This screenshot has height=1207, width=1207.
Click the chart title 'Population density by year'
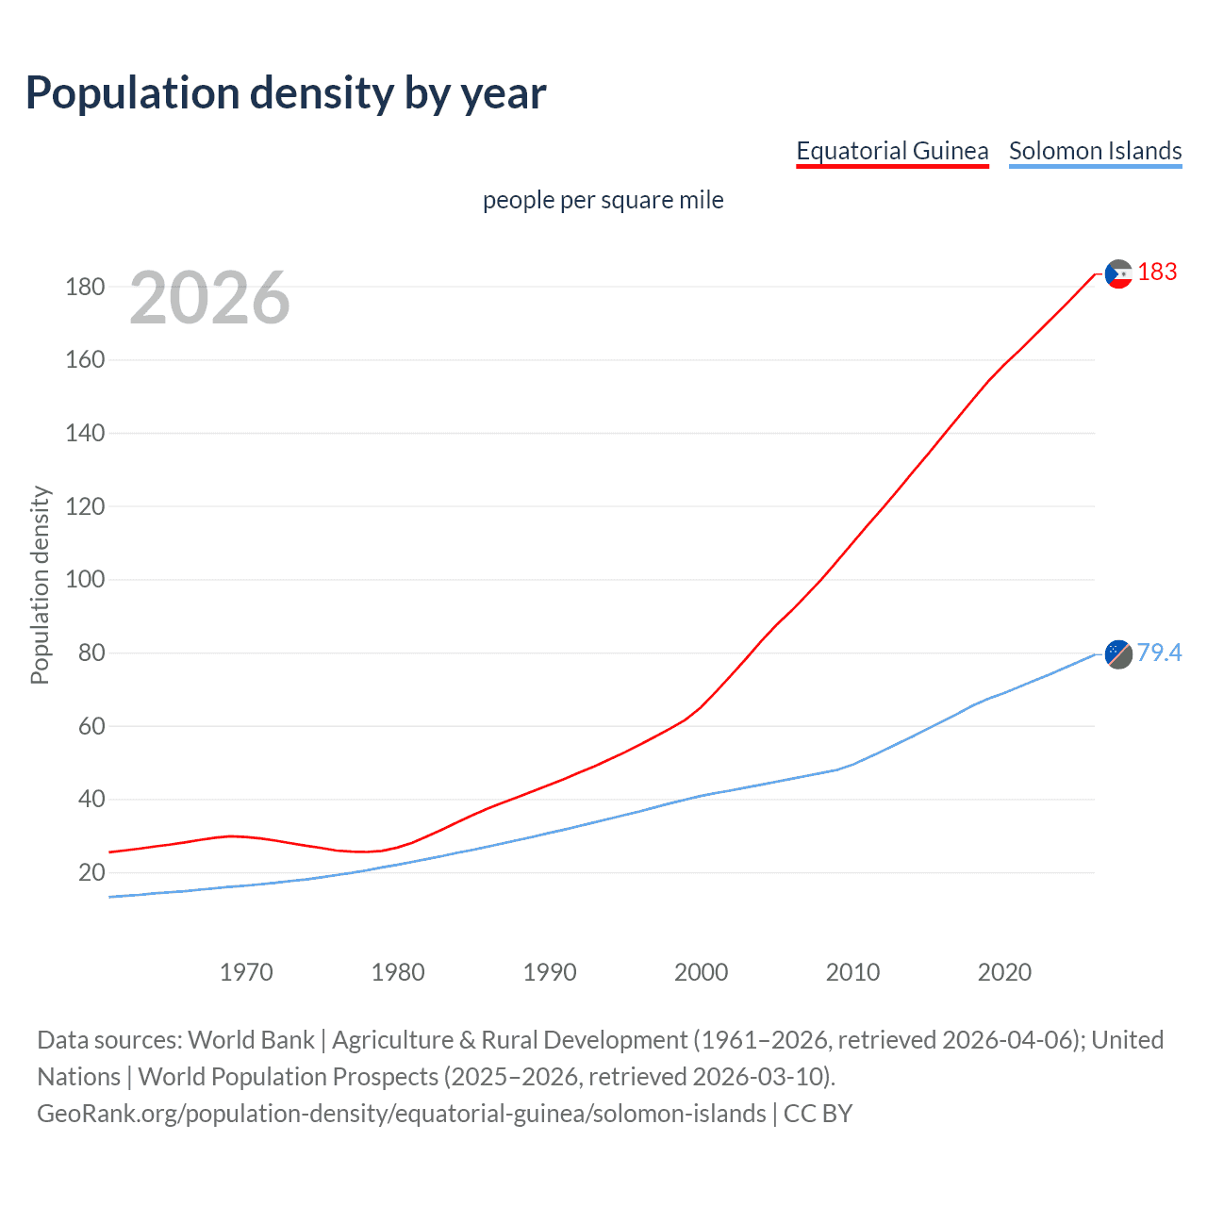click(x=286, y=93)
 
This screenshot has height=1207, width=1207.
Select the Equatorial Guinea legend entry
click(x=892, y=151)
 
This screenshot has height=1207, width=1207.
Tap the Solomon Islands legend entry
click(x=1095, y=151)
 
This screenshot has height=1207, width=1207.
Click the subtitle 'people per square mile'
click(x=603, y=200)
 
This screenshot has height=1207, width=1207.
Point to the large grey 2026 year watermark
click(x=209, y=298)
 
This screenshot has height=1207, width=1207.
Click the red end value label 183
click(x=1157, y=273)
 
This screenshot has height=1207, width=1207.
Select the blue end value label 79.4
click(x=1159, y=653)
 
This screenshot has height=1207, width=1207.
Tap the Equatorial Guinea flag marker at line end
click(x=1118, y=273)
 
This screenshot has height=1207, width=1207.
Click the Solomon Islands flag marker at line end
click(x=1118, y=653)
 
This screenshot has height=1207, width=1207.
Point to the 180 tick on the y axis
click(x=85, y=287)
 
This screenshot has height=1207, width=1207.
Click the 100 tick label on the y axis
click(x=85, y=579)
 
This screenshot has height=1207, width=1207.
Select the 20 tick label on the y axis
click(x=91, y=872)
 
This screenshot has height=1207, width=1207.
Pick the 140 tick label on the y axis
click(x=85, y=433)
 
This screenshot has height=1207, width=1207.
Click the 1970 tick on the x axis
click(x=246, y=972)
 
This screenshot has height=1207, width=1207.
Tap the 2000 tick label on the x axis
click(x=701, y=972)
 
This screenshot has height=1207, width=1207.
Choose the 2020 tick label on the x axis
click(x=1004, y=972)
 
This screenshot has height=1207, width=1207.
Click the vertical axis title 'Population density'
click(x=40, y=585)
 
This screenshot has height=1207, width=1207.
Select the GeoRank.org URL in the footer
click(x=402, y=1114)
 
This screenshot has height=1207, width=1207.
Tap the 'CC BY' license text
click(x=818, y=1114)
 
